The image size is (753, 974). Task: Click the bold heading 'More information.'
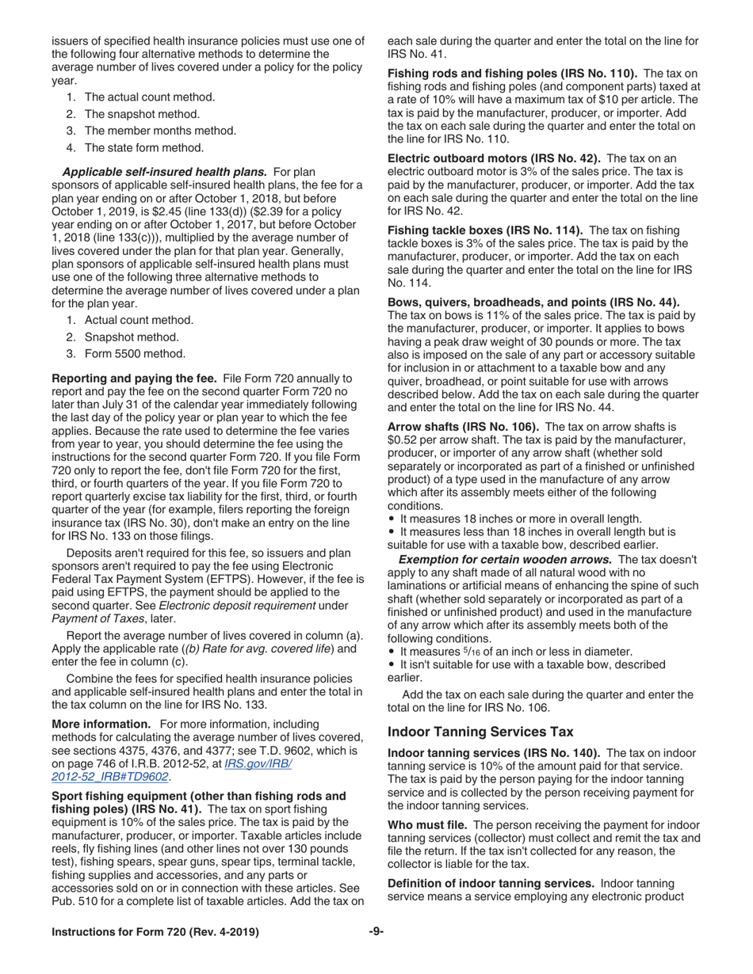[101, 724]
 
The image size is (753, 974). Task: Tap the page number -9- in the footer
[376, 932]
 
